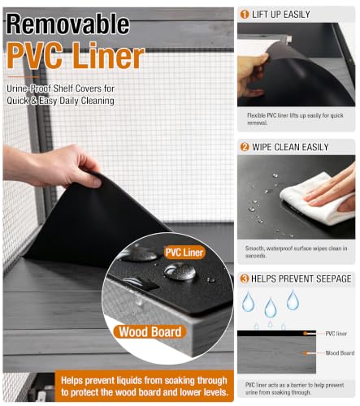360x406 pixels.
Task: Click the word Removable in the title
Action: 67,24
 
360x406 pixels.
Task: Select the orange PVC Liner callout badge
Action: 184,253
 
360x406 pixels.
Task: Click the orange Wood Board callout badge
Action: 150,332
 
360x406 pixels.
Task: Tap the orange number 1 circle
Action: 245,14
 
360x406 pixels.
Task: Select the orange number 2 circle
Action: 245,147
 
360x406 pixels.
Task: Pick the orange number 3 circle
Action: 245,279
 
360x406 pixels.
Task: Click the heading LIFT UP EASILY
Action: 281,15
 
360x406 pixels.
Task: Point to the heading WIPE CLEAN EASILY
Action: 290,147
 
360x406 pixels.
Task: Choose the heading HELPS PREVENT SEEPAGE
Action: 301,279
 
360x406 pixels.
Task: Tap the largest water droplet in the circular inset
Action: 180,271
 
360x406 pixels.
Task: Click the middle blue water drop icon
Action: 271,308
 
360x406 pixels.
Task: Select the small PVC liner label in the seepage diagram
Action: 336,334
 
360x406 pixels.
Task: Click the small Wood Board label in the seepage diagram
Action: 340,353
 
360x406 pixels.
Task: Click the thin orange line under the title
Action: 24,77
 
